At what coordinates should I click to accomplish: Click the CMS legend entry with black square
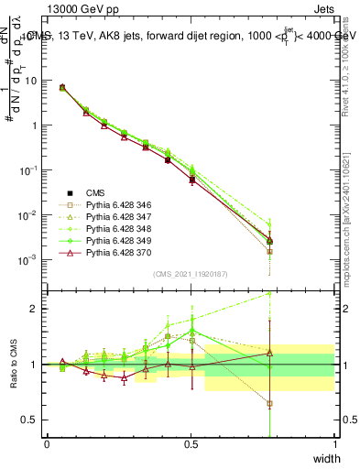click(95, 193)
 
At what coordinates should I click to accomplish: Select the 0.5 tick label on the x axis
click(191, 444)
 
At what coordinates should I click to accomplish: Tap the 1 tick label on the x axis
click(335, 444)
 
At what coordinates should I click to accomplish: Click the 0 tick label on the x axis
click(47, 444)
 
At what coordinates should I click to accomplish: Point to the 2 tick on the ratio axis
click(34, 309)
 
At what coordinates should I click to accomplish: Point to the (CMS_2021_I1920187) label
click(191, 274)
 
